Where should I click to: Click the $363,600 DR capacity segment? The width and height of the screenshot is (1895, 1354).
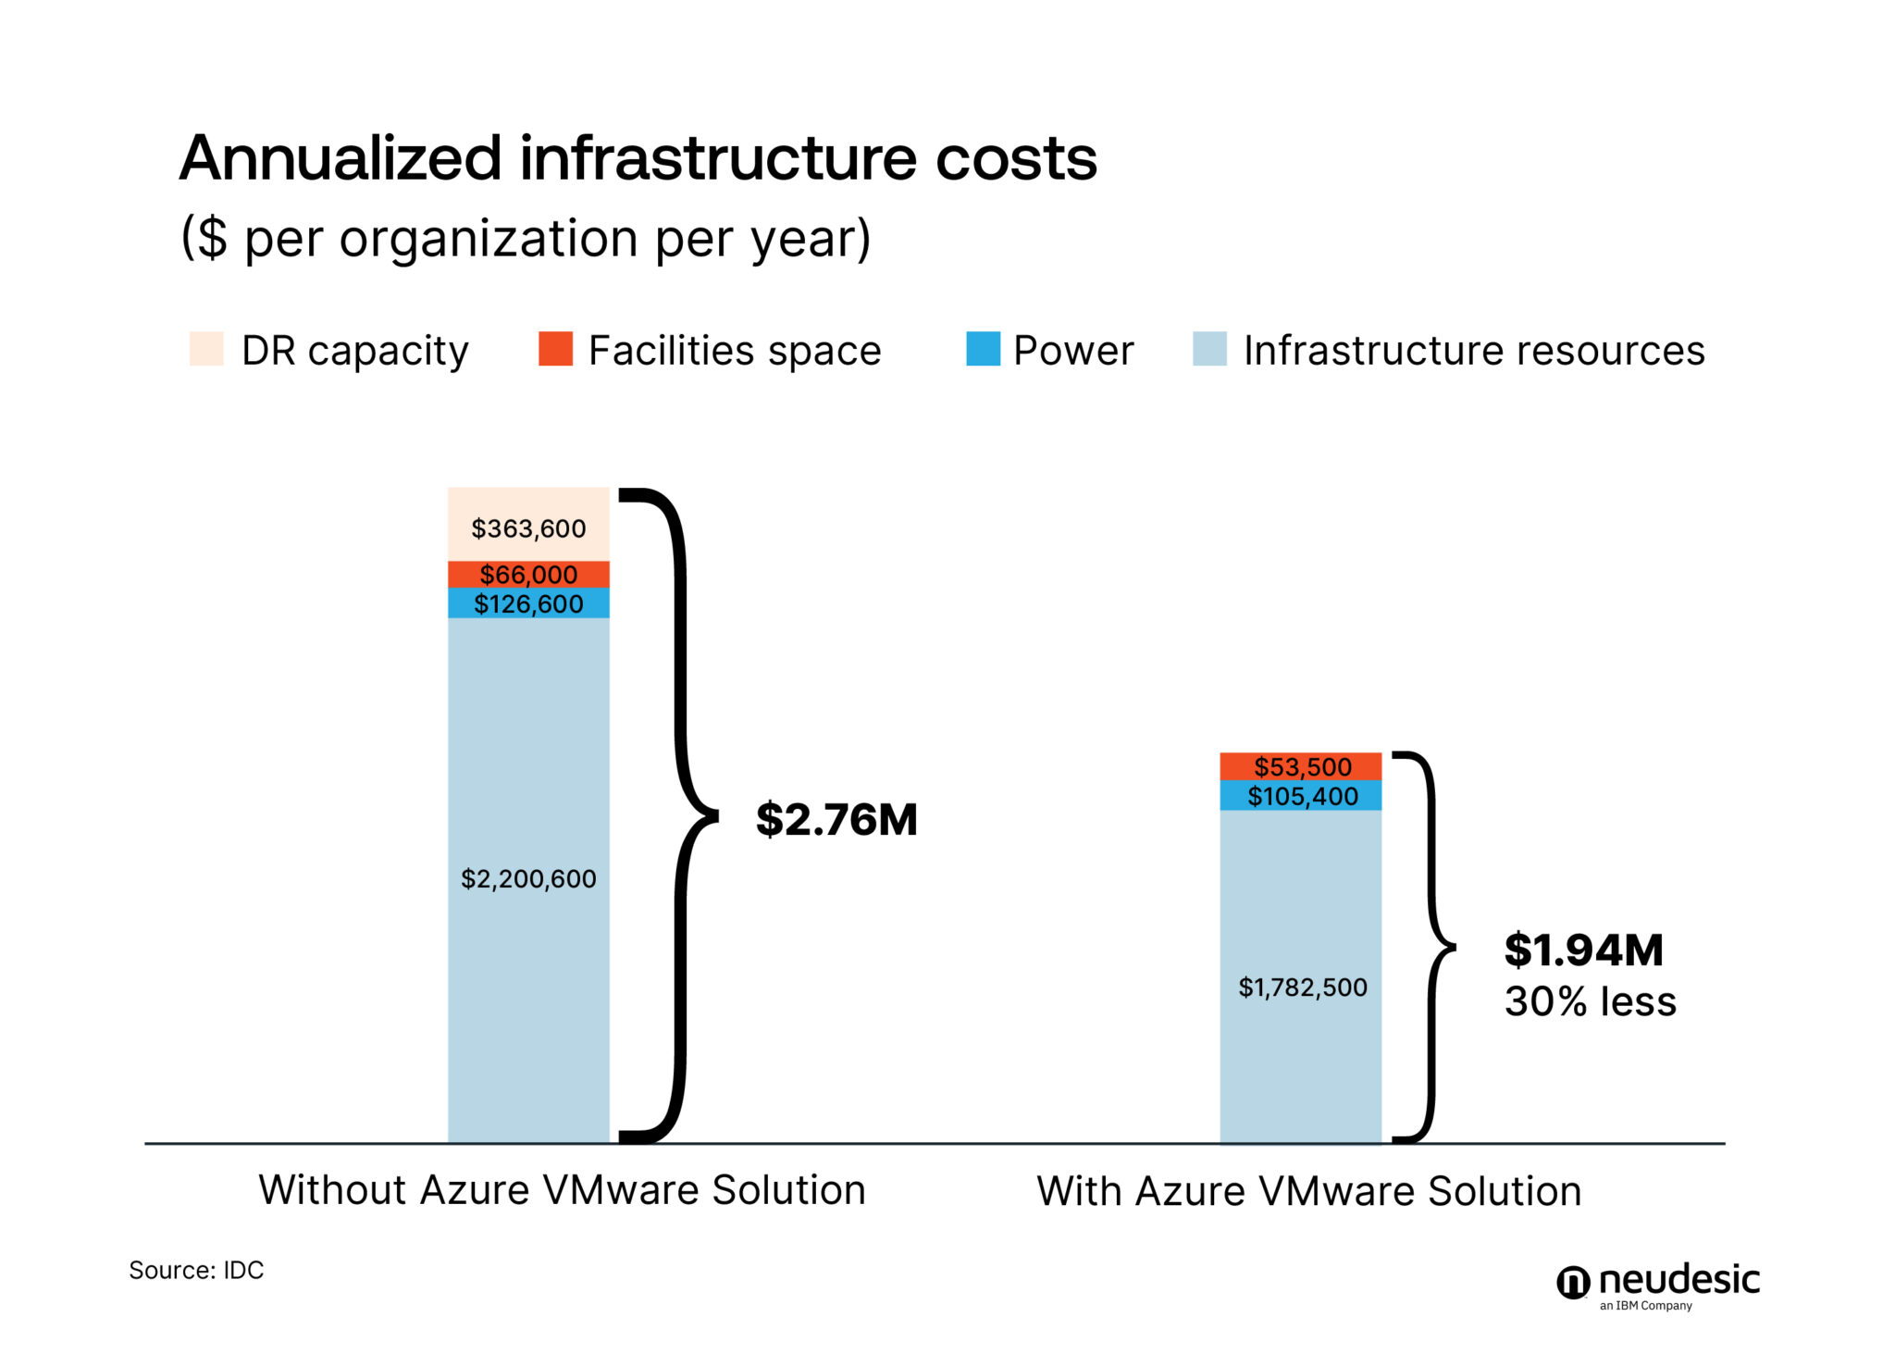528,524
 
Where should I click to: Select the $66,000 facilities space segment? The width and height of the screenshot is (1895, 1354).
528,574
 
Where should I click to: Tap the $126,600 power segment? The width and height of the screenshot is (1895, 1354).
528,603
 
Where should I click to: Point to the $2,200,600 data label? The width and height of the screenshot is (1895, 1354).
528,878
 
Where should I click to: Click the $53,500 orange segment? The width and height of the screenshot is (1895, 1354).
1301,766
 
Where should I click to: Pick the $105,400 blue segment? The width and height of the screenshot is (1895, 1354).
1301,796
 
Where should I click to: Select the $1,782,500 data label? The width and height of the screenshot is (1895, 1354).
1302,988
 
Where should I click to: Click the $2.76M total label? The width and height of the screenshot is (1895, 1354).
836,820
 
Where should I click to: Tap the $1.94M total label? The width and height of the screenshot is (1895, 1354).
1583,950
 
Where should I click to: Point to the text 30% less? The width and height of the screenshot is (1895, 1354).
1590,1002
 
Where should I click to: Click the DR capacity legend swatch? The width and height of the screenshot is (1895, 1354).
206,349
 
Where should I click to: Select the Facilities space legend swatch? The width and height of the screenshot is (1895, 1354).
555,349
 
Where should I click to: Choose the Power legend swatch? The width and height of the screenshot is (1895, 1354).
983,349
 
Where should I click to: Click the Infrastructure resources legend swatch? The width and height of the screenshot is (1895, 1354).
1209,349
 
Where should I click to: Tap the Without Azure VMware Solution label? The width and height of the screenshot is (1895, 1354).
562,1190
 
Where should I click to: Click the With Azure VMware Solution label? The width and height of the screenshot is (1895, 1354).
1308,1191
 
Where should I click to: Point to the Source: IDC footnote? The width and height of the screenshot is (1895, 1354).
196,1270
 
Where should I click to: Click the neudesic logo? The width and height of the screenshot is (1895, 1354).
1658,1285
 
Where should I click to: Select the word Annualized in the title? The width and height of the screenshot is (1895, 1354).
340,158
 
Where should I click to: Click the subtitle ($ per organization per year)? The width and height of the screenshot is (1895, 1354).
526,239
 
